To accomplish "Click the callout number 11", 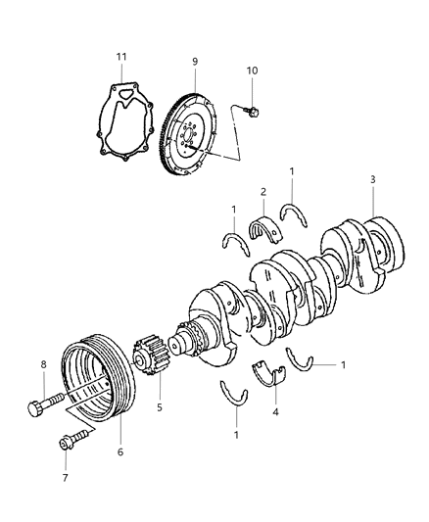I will (x=121, y=58).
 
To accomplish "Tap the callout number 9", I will (x=195, y=62).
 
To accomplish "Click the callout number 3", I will (x=372, y=179).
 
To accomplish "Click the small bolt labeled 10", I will (x=252, y=113).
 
